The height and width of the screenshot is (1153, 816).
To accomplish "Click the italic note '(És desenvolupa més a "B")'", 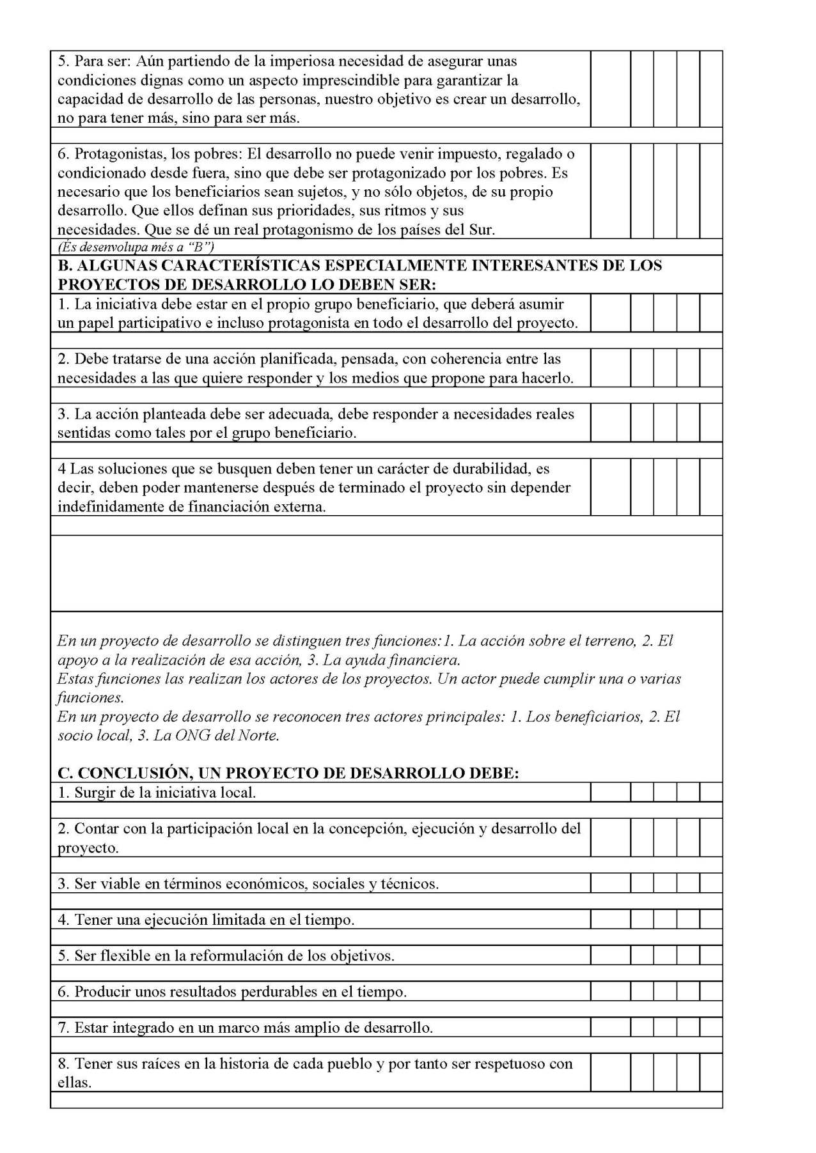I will coord(135,247).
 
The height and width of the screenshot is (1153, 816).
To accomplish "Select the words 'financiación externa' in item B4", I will coord(256,507).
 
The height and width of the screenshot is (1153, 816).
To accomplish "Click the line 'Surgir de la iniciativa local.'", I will coord(165,793).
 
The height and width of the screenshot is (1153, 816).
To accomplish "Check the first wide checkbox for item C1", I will coord(610,793).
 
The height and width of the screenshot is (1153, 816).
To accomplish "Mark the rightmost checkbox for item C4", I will coord(710,920).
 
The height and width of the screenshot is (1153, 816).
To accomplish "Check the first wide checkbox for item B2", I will coord(610,368).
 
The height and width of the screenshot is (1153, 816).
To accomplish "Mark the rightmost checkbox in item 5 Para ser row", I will coord(710,89).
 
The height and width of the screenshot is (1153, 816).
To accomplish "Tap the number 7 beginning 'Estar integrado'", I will coord(63,1028).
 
